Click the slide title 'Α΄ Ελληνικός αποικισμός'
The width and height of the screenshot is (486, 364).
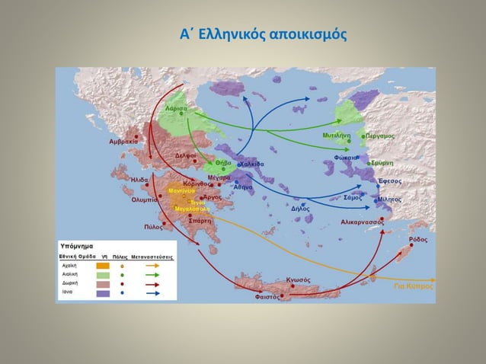click(262, 35)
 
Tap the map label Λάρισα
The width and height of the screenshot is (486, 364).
click(176, 109)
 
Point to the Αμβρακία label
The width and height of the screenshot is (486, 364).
click(122, 142)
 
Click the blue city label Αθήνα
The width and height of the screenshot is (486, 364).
click(243, 187)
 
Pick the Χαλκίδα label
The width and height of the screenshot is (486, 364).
click(252, 164)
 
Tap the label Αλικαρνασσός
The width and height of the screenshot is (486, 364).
click(362, 222)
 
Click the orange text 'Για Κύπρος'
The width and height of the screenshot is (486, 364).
click(414, 287)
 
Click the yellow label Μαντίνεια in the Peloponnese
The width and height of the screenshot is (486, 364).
click(182, 190)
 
